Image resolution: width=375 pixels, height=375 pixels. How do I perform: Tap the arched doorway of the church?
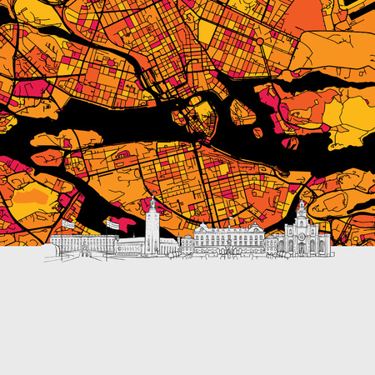coord(300,247)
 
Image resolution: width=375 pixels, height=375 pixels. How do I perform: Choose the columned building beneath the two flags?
coord(83,245)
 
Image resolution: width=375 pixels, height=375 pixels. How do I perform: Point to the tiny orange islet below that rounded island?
coord(257,132)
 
